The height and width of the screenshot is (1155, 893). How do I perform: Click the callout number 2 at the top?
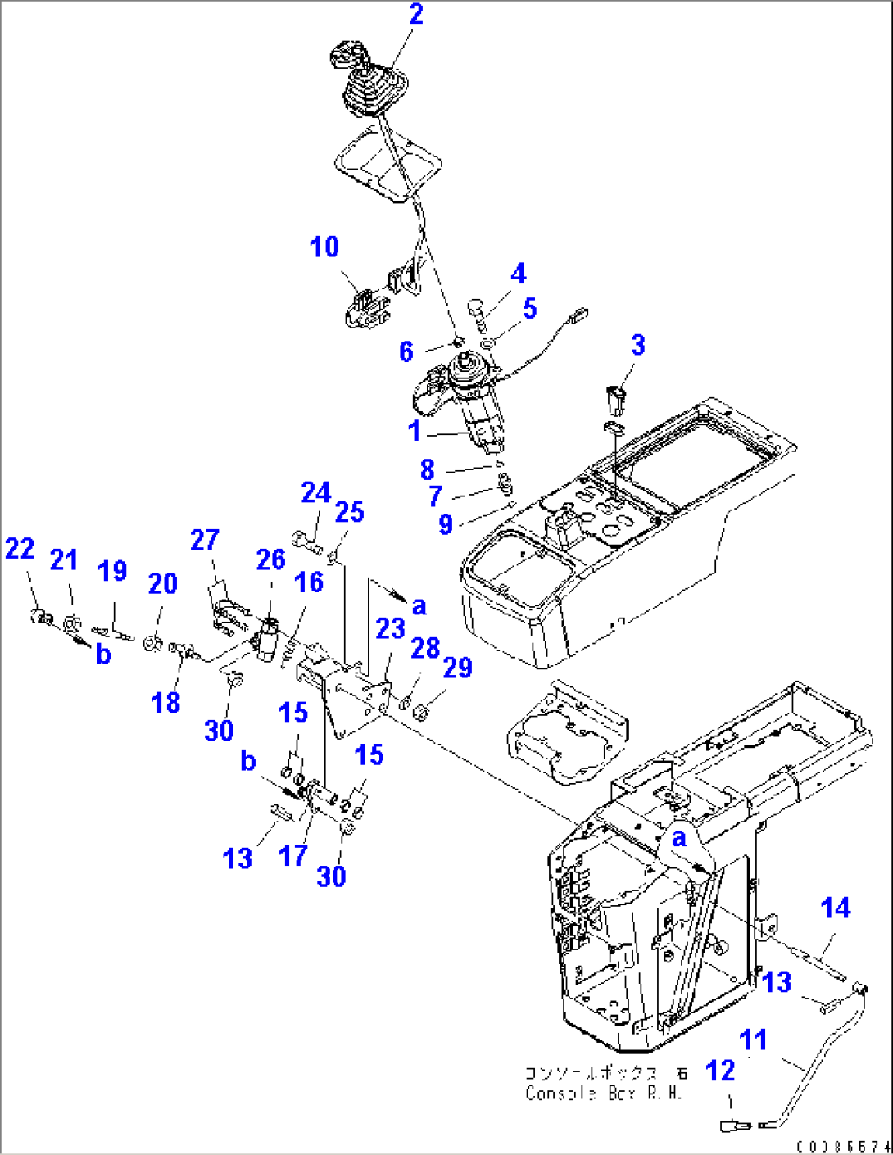[416, 14]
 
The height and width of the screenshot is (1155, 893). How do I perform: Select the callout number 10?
[324, 247]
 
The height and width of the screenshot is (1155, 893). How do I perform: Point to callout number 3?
[638, 345]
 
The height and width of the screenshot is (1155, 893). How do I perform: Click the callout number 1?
[415, 430]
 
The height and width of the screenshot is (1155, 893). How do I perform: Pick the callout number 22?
[20, 548]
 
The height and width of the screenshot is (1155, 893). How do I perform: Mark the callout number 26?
[270, 559]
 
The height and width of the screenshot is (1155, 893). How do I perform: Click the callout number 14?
[835, 908]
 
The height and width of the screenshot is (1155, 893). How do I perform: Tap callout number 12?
[720, 1070]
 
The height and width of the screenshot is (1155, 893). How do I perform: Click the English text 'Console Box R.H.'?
[603, 1093]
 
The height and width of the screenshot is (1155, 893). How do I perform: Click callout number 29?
[458, 668]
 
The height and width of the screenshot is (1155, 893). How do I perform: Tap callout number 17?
[292, 855]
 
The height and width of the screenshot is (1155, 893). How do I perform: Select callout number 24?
[315, 492]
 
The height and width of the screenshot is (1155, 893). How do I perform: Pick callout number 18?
[165, 702]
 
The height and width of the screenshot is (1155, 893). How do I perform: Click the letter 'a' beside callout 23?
[419, 606]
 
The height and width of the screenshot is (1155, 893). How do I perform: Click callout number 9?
[445, 524]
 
